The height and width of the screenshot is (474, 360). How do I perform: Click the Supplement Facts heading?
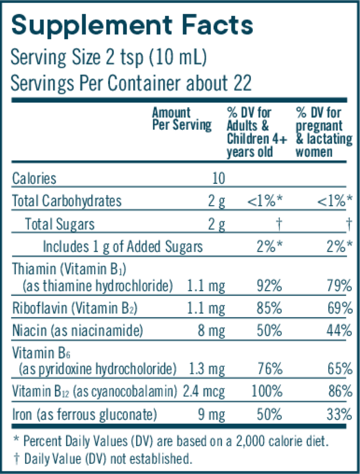tap(132, 25)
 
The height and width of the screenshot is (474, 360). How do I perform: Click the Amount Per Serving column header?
tap(181, 119)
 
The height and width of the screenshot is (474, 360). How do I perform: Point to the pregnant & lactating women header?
tap(324, 132)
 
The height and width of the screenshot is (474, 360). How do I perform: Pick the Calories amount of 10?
tap(218, 179)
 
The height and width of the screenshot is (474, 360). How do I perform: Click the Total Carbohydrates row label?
tap(67, 201)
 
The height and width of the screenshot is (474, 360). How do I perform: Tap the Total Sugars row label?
tap(60, 224)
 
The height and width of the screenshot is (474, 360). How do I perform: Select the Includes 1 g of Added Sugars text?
tap(123, 246)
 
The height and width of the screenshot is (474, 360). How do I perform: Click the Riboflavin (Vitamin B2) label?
tap(75, 309)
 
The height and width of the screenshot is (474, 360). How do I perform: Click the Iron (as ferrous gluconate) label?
tap(84, 415)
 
